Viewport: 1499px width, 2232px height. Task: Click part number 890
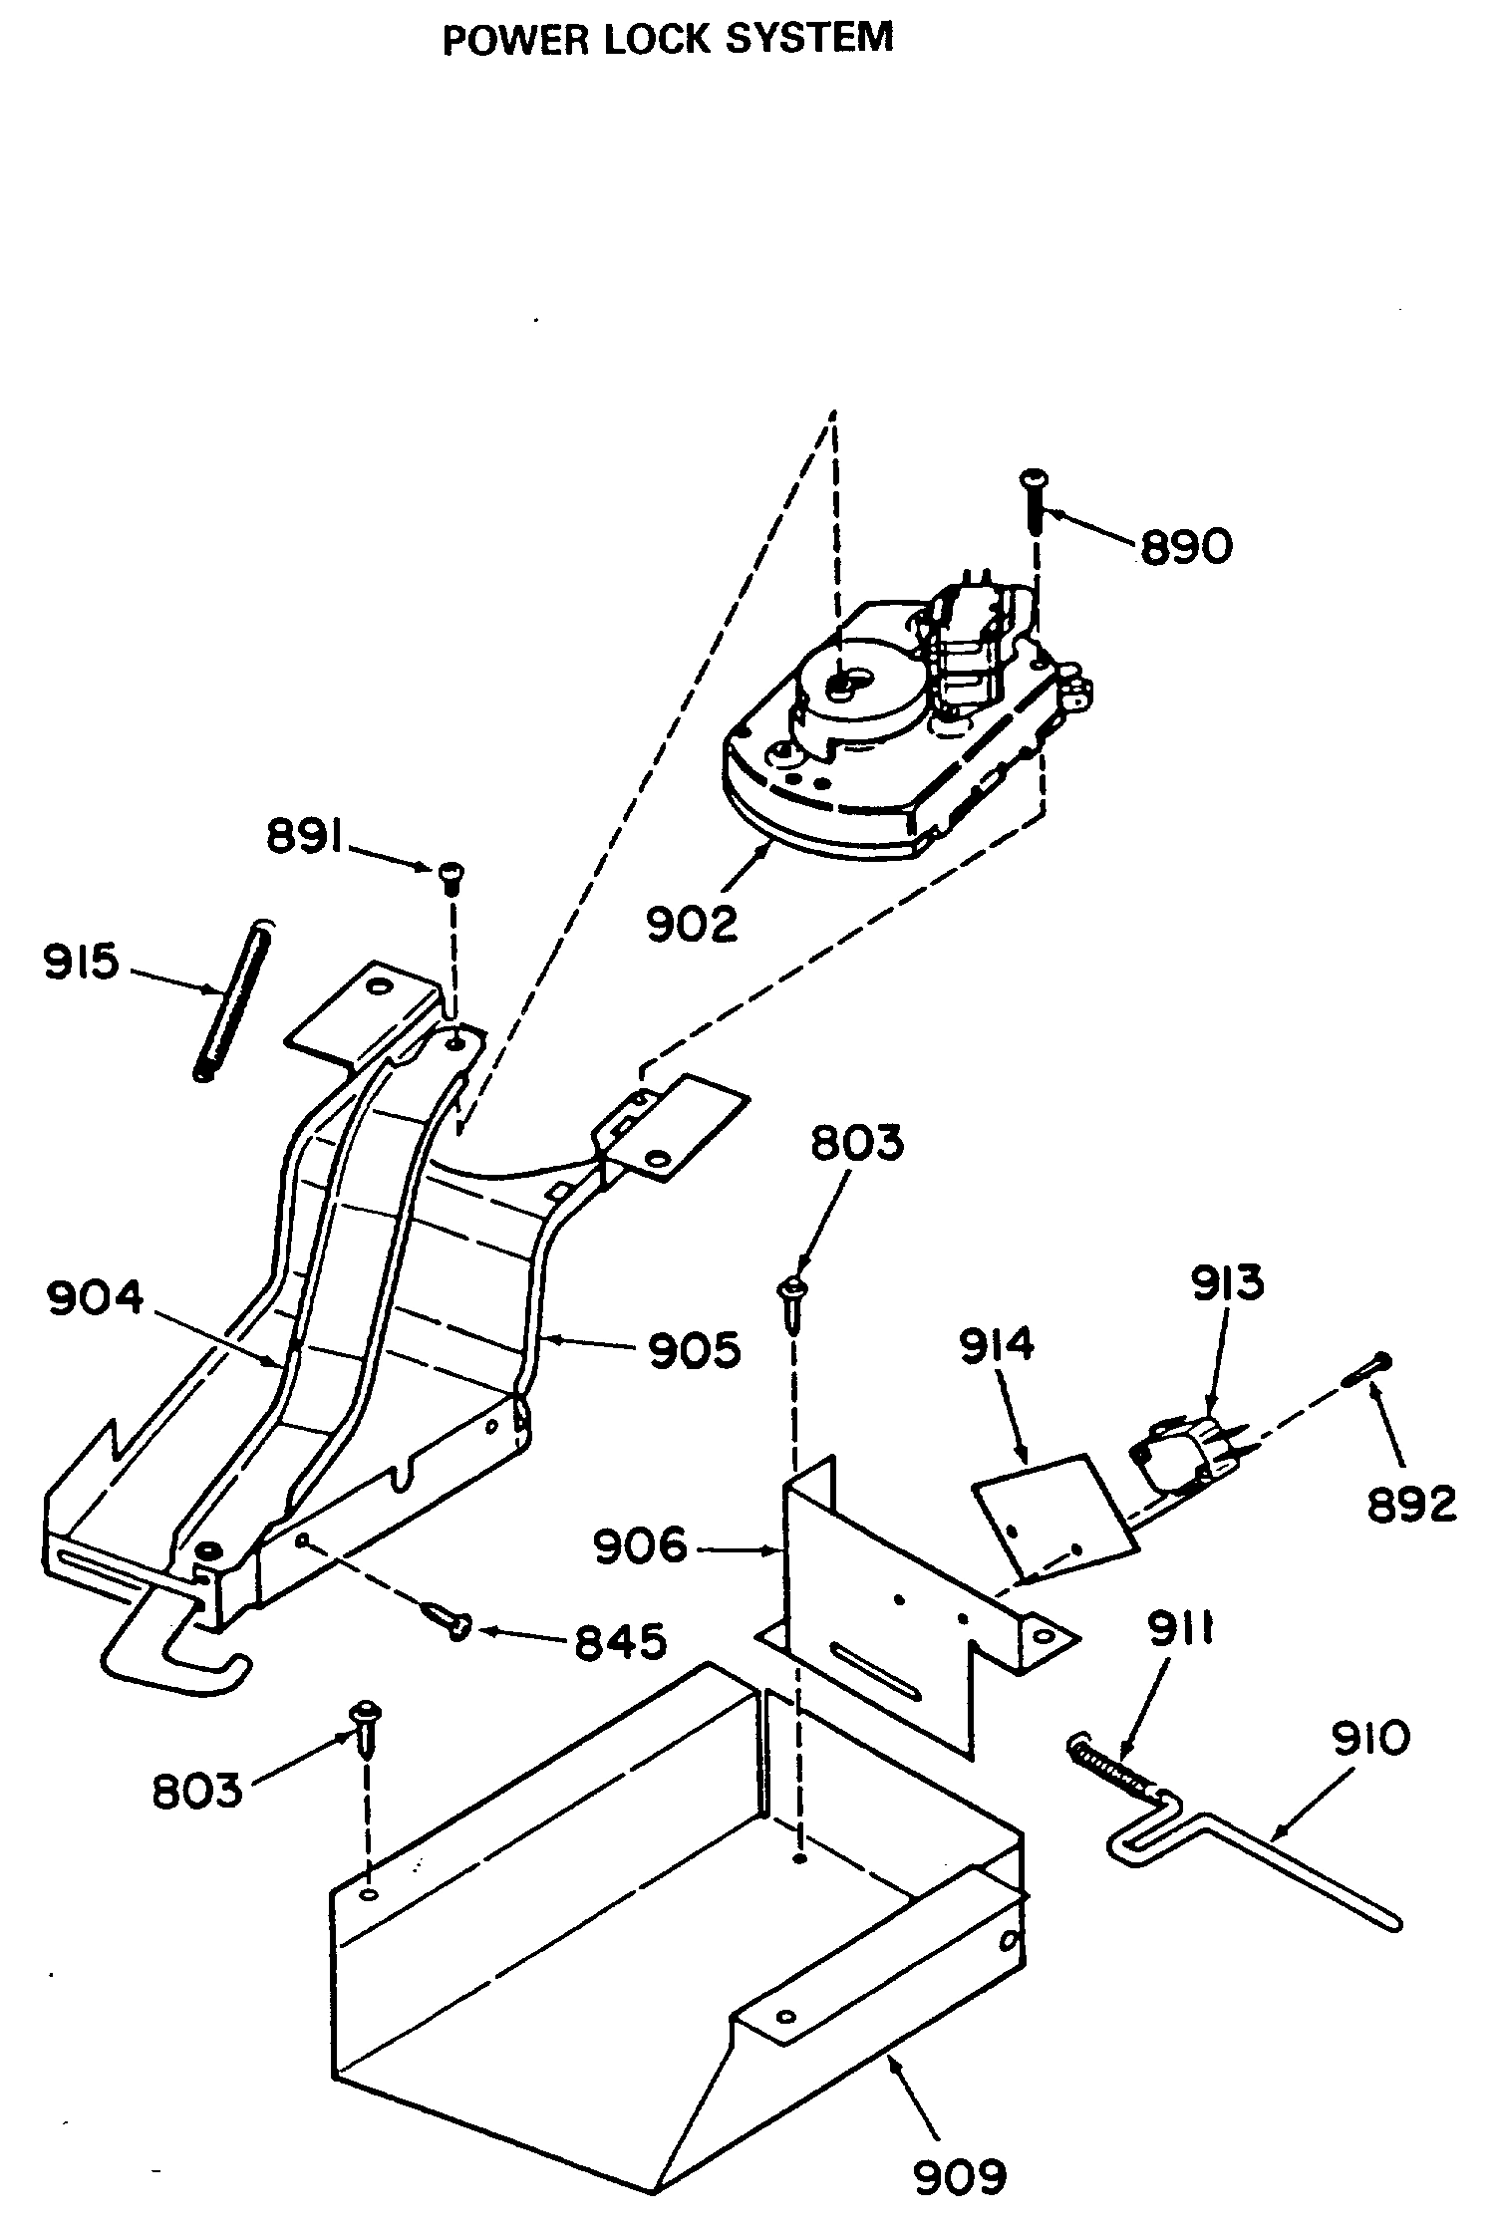(x=1186, y=547)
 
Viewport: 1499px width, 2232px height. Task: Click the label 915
(x=81, y=963)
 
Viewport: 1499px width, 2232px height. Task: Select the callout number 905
(x=695, y=1351)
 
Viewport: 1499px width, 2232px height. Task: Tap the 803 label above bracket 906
(x=857, y=1143)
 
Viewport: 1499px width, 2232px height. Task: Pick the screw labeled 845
(x=449, y=1620)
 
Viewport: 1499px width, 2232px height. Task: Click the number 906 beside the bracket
(x=640, y=1546)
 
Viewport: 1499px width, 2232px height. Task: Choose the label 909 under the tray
(x=960, y=2177)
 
